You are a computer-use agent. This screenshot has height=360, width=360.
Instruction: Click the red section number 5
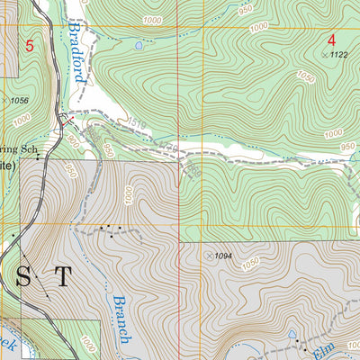coord(30,45)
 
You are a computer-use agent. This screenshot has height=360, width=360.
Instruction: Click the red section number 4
coord(331,40)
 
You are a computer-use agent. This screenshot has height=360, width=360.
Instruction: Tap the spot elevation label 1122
coord(338,56)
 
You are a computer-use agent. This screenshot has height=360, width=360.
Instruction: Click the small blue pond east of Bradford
coord(138,44)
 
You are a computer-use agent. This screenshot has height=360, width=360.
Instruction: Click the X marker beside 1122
coord(324,56)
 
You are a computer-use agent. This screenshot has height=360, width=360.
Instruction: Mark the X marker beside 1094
coord(209,256)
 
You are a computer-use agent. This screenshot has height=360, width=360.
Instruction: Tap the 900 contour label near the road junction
coord(71,142)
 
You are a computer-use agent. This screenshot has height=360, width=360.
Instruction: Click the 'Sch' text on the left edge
coord(30,149)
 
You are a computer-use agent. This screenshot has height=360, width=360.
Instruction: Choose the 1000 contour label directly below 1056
coord(22,118)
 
